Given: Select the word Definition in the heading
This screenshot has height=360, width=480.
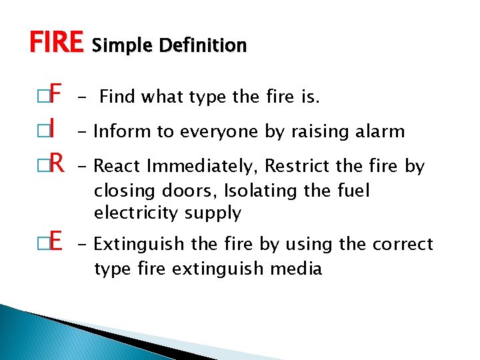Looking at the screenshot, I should (209, 45).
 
